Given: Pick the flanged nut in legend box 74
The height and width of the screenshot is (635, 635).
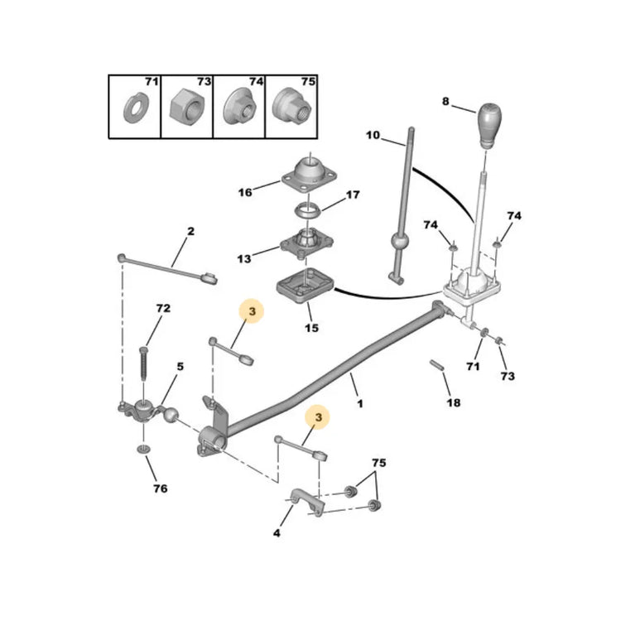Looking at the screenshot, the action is click(240, 108).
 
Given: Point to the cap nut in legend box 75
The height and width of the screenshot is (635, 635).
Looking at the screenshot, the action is click(291, 107).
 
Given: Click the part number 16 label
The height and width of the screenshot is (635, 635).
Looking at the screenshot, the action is click(245, 192).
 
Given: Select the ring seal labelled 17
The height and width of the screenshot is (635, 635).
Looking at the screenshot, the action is click(307, 211).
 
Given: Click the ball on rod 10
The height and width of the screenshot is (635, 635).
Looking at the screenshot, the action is click(399, 243).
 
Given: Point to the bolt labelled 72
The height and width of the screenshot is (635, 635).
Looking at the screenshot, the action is click(144, 363).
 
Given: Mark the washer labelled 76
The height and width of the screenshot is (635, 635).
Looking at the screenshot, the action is click(143, 449).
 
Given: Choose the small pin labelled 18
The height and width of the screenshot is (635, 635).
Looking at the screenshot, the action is click(437, 365).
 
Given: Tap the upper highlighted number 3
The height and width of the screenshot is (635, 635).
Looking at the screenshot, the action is click(252, 311).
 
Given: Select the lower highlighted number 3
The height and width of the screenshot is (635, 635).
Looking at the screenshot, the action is click(319, 417).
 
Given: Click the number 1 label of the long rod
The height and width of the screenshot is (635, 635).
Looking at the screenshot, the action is click(359, 403).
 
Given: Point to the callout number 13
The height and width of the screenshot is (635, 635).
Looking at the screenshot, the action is click(244, 258).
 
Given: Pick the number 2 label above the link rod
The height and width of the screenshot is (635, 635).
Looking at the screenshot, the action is click(190, 231).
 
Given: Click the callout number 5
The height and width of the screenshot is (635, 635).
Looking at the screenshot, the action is click(180, 367).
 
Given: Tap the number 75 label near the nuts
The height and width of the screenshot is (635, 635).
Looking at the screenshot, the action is click(379, 463).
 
